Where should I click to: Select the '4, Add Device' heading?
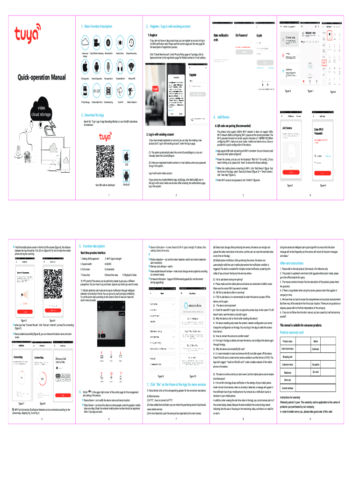click(221, 116)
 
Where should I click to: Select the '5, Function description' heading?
click(92, 246)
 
